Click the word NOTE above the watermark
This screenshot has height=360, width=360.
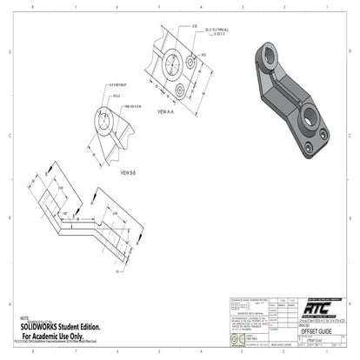coord(23,318)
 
